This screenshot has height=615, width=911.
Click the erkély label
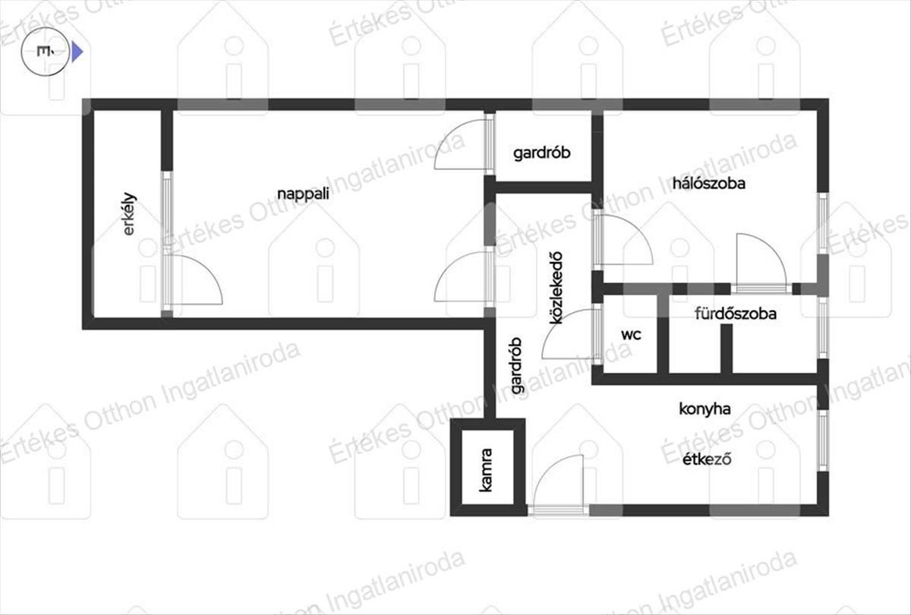click(x=129, y=213)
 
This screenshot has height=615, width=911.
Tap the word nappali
click(x=303, y=194)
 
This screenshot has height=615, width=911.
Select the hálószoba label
click(x=709, y=183)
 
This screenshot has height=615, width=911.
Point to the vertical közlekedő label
click(x=556, y=288)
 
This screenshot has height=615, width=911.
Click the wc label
click(x=631, y=335)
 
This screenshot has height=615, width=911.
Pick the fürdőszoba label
click(x=736, y=314)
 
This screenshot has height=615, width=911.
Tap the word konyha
click(x=705, y=408)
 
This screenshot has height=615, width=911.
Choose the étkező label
click(x=707, y=459)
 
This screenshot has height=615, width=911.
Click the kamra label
click(x=486, y=470)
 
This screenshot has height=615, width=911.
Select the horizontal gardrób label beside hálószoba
click(x=542, y=153)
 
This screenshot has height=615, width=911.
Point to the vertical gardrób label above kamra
click(x=515, y=365)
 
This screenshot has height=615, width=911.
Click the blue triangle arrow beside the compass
click(x=77, y=52)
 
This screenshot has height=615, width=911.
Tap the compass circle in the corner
click(x=46, y=52)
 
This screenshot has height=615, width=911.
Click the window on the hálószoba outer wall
click(x=823, y=224)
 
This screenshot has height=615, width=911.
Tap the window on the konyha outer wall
click(x=823, y=440)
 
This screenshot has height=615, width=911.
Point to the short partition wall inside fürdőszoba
click(x=727, y=348)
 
